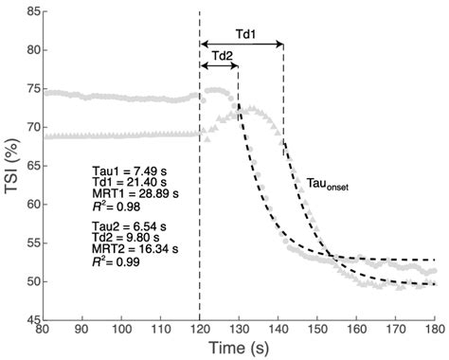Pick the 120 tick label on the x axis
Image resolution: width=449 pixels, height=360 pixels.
tap(199, 328)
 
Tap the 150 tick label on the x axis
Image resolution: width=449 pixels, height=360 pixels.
tap(316, 328)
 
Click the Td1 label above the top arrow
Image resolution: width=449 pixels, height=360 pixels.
tap(242, 33)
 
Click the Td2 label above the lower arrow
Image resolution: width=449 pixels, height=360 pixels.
tap(219, 56)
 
